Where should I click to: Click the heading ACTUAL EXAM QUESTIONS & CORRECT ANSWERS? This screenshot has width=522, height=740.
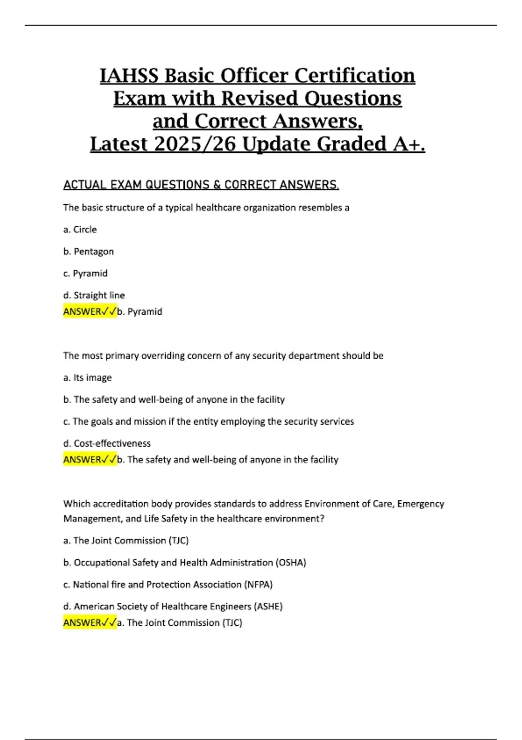click(201, 185)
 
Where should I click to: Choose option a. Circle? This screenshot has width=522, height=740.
click(80, 229)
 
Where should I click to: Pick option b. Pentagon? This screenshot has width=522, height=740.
click(88, 252)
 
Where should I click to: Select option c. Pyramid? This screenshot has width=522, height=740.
click(85, 273)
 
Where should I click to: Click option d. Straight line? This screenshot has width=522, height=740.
click(94, 295)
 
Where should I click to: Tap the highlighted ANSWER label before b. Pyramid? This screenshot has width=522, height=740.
click(90, 312)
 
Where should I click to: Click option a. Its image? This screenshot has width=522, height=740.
click(87, 378)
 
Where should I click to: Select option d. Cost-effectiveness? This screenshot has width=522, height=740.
click(107, 444)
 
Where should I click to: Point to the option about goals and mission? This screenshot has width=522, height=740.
click(208, 421)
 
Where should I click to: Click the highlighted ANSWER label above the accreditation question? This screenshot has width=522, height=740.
click(90, 460)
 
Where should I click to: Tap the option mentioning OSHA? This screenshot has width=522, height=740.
click(185, 563)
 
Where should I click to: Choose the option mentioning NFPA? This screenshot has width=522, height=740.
click(168, 585)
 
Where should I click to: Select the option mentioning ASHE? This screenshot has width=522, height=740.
click(173, 606)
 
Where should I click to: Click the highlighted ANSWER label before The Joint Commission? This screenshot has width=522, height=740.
click(90, 623)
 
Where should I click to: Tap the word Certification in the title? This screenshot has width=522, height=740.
click(355, 76)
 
